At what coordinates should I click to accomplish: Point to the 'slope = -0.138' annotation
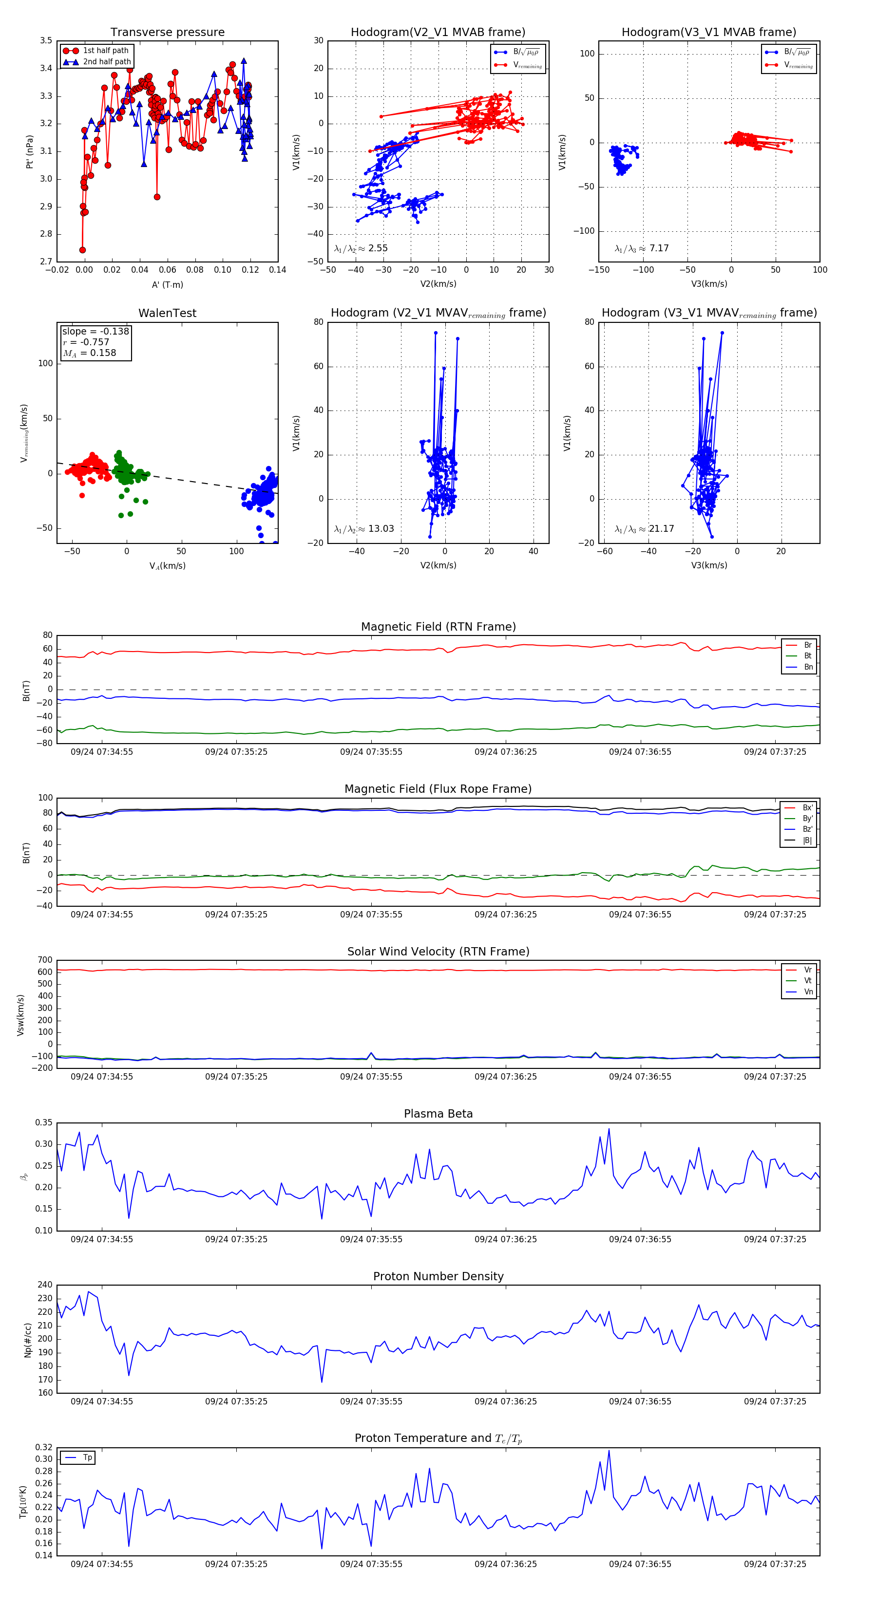pyautogui.click(x=95, y=331)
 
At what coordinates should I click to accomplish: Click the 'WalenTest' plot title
pyautogui.click(x=167, y=313)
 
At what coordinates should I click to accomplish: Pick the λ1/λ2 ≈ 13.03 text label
pyautogui.click(x=364, y=529)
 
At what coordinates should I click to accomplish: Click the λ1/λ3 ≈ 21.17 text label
pyautogui.click(x=644, y=529)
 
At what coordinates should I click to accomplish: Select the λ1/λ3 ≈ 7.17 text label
pyautogui.click(x=642, y=248)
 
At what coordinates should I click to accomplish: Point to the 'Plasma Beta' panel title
pyautogui.click(x=438, y=1114)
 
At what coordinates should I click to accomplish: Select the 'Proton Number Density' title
pyautogui.click(x=438, y=1276)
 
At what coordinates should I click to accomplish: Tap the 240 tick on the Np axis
pyautogui.click(x=45, y=1285)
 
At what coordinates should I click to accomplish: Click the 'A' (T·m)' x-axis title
pyautogui.click(x=167, y=285)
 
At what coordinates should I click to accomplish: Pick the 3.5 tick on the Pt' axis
pyautogui.click(x=46, y=40)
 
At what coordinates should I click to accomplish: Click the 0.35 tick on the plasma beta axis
pyautogui.click(x=44, y=1123)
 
